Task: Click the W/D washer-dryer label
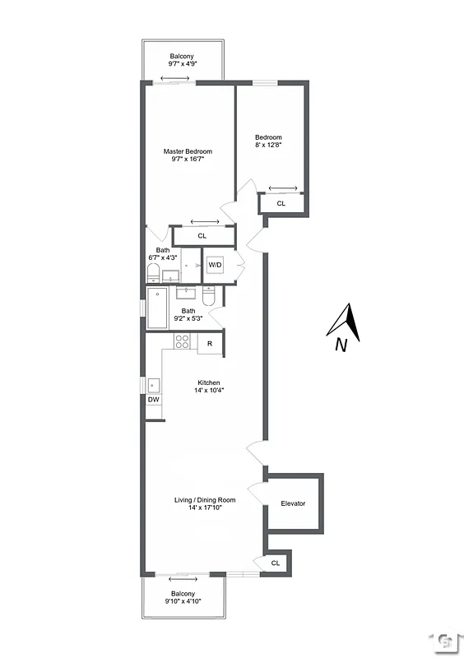(215, 265)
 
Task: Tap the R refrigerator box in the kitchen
(211, 343)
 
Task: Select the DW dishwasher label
(154, 400)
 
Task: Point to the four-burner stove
(183, 341)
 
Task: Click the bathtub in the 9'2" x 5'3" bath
(156, 308)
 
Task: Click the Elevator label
(293, 503)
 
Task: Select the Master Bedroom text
(188, 151)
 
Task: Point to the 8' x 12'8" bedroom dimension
(268, 146)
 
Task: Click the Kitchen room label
(208, 382)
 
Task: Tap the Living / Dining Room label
(205, 500)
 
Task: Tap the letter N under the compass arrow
(341, 346)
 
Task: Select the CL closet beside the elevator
(276, 563)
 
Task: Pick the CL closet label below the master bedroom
(202, 236)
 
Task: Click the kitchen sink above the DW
(153, 384)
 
